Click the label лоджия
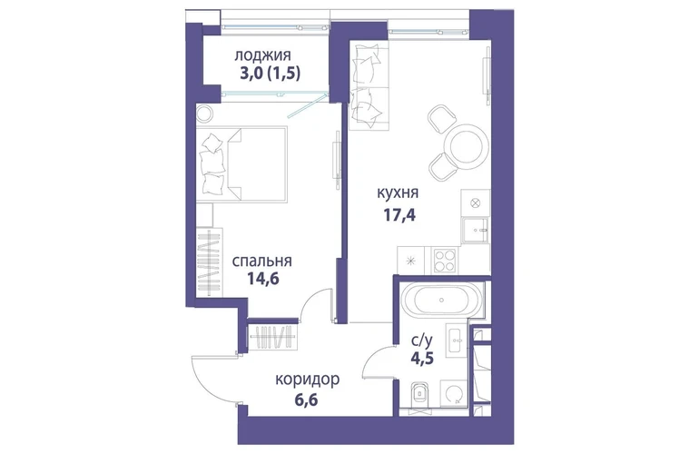click(262, 55)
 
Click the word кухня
click(398, 193)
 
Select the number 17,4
click(399, 215)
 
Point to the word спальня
click(262, 261)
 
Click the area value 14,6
click(263, 279)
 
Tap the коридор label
click(307, 380)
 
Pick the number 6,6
click(306, 400)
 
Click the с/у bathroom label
click(421, 340)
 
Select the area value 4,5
click(422, 358)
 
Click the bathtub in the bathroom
click(441, 300)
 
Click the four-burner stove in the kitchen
click(445, 261)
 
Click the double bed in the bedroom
click(241, 164)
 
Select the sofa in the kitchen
click(369, 86)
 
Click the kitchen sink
click(475, 231)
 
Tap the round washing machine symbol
click(454, 394)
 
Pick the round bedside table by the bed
click(205, 113)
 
